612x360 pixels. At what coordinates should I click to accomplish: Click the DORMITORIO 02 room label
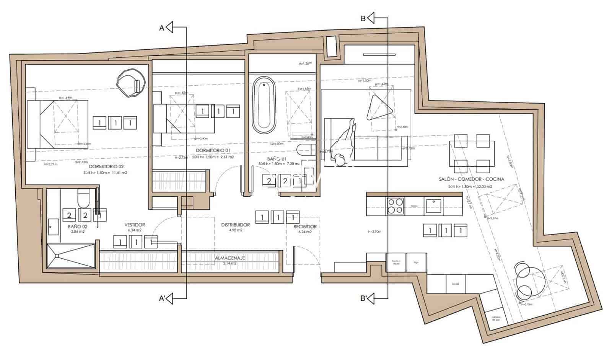pos(106,166)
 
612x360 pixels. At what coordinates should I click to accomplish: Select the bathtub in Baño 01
pos(264,104)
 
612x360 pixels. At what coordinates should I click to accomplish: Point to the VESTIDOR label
pos(135,225)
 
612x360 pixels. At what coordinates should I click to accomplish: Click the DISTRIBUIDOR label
pos(236,225)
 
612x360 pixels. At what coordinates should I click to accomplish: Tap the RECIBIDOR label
pos(305,226)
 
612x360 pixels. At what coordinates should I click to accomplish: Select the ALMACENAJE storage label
pos(230,258)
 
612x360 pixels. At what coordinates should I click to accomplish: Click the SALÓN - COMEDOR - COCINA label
pos(471,179)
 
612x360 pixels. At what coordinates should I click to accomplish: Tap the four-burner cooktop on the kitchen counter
pos(396,206)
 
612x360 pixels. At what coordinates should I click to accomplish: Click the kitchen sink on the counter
pos(433,205)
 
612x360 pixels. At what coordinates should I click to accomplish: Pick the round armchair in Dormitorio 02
pos(131,82)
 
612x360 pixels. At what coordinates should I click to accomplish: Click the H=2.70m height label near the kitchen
pos(374,231)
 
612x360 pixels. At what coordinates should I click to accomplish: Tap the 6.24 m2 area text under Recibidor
pos(305,232)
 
